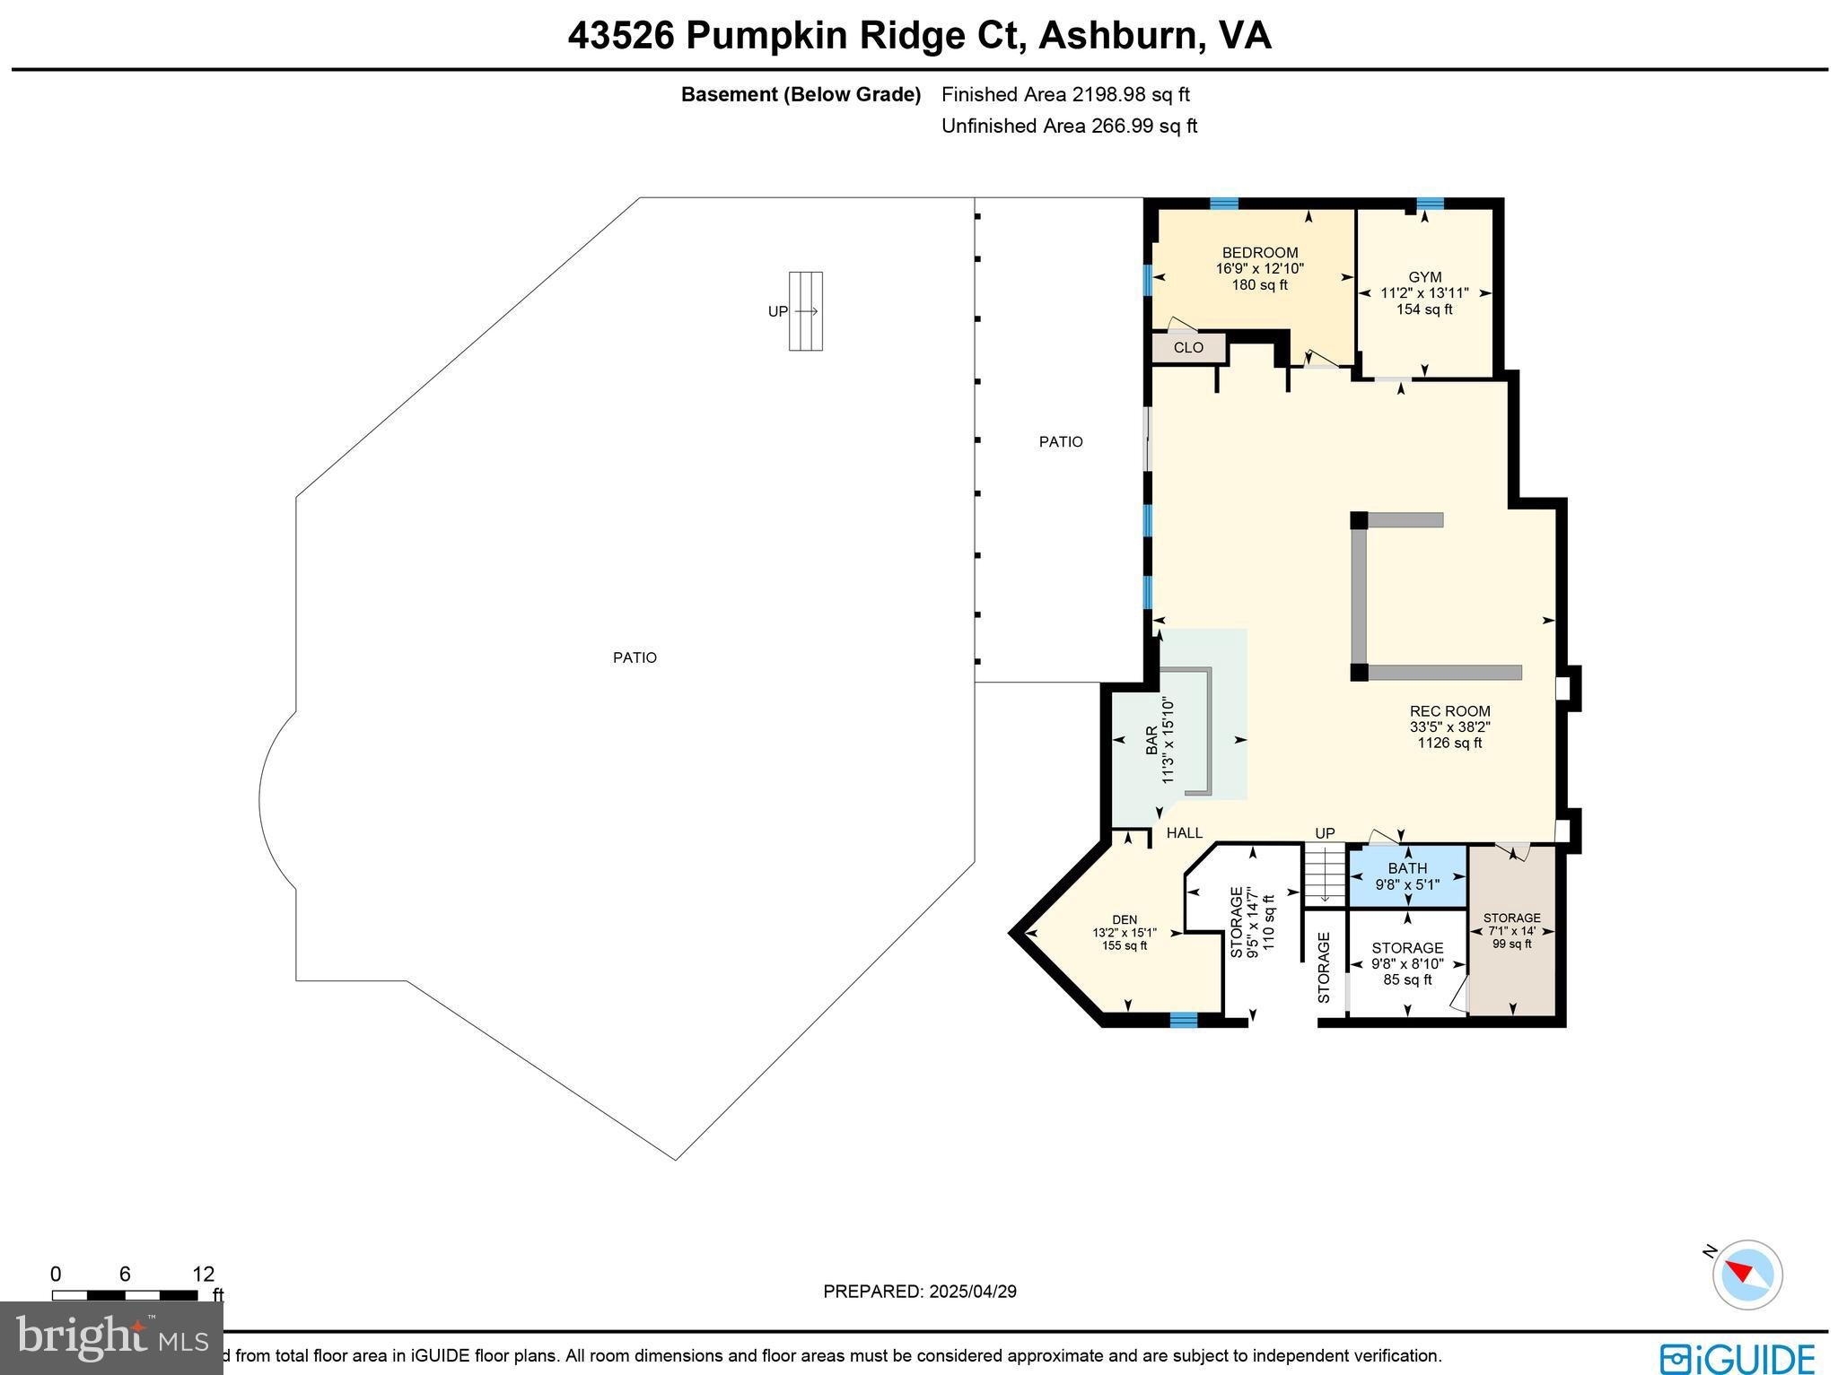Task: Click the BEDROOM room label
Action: [1259, 253]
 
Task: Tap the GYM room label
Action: [1424, 277]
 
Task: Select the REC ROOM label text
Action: [1449, 711]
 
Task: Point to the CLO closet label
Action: [1188, 348]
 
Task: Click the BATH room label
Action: [1407, 868]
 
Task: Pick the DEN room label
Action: [1125, 919]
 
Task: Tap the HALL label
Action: [1185, 833]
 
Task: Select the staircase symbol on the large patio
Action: [805, 311]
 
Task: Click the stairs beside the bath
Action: [1325, 875]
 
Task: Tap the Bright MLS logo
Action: [111, 1337]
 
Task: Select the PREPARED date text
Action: [920, 1292]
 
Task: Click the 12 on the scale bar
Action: [204, 1275]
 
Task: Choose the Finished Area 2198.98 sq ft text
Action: [1065, 94]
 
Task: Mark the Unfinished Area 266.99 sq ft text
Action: [1069, 126]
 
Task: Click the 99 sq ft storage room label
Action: [1512, 943]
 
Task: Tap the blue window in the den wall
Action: [1183, 1020]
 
